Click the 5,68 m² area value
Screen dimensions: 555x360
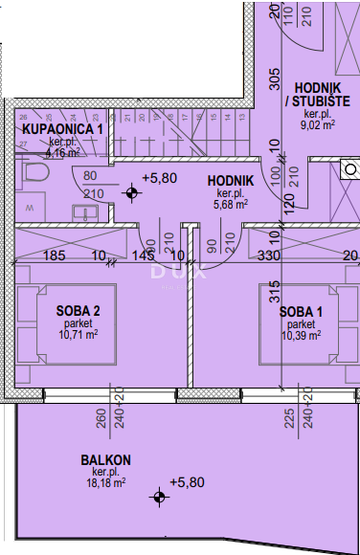point(230,203)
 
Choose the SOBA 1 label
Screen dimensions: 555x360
point(301,311)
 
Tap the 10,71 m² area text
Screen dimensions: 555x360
point(79,334)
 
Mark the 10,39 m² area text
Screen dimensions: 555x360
point(301,335)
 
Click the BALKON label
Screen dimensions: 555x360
point(105,459)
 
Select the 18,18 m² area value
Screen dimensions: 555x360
point(105,483)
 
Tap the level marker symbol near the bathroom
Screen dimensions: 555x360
point(131,192)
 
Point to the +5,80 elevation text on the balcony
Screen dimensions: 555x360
point(187,482)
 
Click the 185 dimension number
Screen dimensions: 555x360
point(54,255)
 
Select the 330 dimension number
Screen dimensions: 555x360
point(295,255)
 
